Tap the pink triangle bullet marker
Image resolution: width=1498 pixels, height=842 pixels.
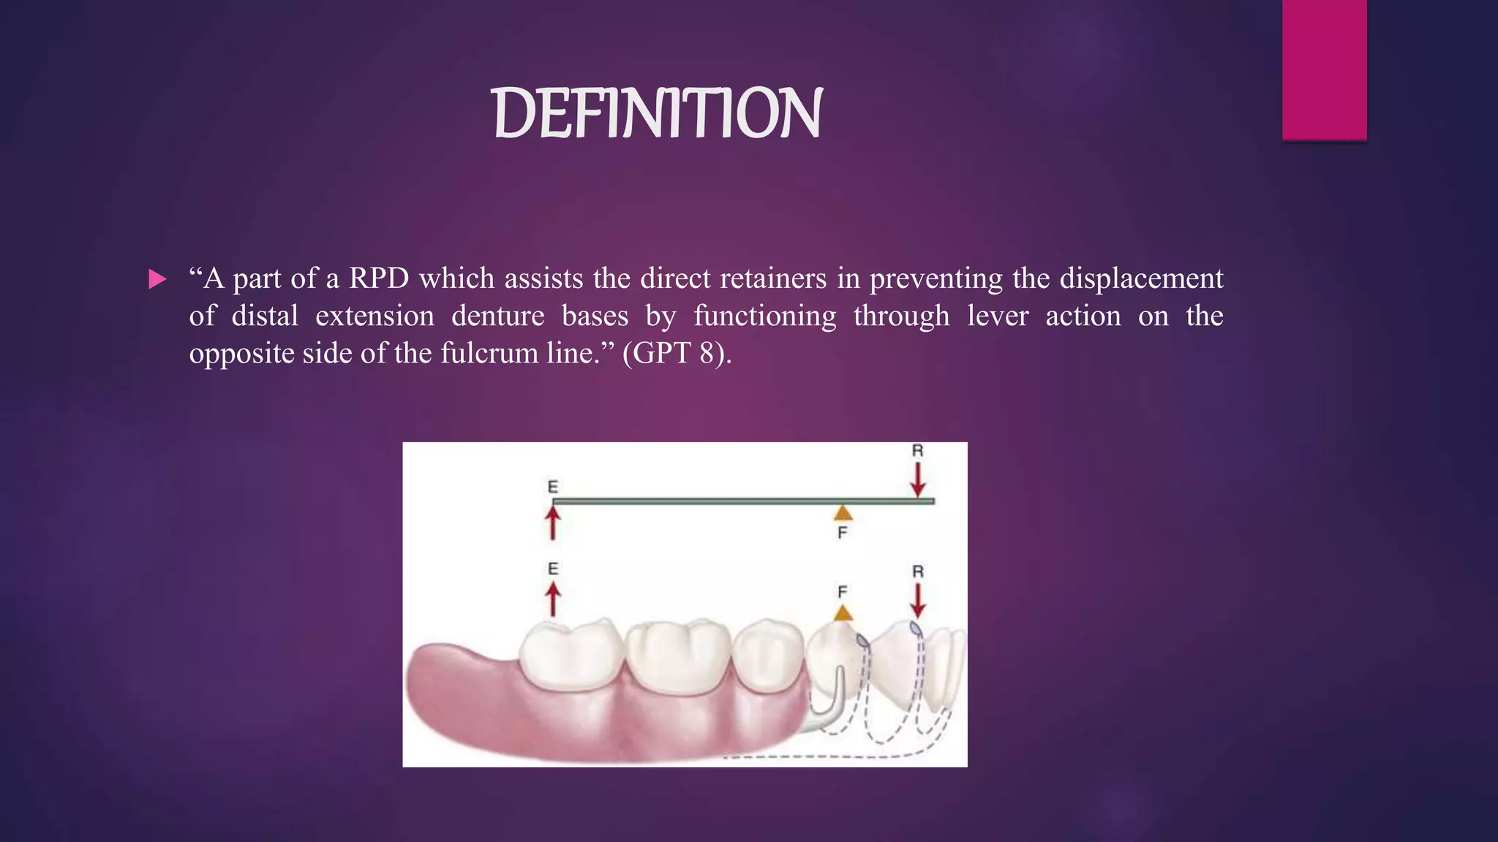[x=157, y=279]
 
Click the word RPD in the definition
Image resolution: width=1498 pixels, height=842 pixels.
[x=378, y=278]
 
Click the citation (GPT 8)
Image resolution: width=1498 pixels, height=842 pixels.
[x=676, y=353]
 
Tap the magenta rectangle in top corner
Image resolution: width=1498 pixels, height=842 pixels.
[x=1324, y=69]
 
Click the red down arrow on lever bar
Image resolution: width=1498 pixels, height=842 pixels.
[x=918, y=480]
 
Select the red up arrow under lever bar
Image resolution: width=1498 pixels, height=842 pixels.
[x=553, y=523]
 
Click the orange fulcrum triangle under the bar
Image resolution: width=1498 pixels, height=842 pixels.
[x=843, y=512]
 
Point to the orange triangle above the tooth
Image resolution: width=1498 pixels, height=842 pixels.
[x=843, y=612]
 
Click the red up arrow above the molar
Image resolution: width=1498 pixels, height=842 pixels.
[x=553, y=599]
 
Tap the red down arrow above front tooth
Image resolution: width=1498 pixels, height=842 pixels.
[x=918, y=601]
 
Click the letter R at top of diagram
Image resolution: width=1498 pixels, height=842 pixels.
[x=918, y=451]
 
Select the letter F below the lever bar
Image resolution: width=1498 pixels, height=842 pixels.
[x=843, y=533]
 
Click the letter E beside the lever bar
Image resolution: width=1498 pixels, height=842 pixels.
[x=553, y=487]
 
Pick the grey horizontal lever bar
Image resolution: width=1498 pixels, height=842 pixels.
[x=731, y=501]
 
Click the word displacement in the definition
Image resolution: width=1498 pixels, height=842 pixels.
[x=1141, y=278]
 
